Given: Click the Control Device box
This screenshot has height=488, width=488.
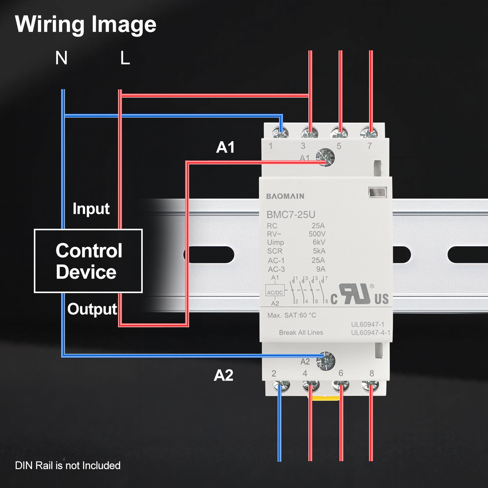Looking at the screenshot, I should tap(88, 261).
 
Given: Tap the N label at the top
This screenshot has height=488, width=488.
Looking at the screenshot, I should tap(61, 58).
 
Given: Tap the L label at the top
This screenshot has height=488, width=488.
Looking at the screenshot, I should tap(125, 58).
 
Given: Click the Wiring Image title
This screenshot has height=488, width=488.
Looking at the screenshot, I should tap(85, 24).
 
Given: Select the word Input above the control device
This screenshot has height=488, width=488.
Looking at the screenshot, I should tap(91, 209).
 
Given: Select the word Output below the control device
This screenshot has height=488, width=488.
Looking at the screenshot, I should tap(92, 309).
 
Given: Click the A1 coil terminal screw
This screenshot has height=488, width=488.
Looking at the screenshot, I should tap(325, 157).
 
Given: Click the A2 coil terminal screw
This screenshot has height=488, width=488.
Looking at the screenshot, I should tap(326, 361).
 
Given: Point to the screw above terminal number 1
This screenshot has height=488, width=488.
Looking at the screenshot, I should tap(280, 133).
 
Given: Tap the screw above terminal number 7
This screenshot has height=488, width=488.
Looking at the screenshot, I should tap(369, 133).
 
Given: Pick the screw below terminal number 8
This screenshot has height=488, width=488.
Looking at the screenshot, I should tap(370, 386).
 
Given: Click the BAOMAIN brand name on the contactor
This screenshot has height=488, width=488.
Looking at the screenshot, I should tap(285, 196).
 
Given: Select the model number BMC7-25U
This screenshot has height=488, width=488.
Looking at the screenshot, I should tap(291, 215).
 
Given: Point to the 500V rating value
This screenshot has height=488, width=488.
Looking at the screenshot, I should tap(317, 234).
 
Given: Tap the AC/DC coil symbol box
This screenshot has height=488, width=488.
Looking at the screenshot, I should tap(275, 292).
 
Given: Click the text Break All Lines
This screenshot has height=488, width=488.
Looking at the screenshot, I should tap(301, 332).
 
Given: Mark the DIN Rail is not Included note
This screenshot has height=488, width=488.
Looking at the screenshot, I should tap(68, 465).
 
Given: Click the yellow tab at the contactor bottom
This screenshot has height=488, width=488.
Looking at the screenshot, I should tap(325, 398).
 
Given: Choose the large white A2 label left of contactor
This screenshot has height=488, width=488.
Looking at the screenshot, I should tap(223, 375).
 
